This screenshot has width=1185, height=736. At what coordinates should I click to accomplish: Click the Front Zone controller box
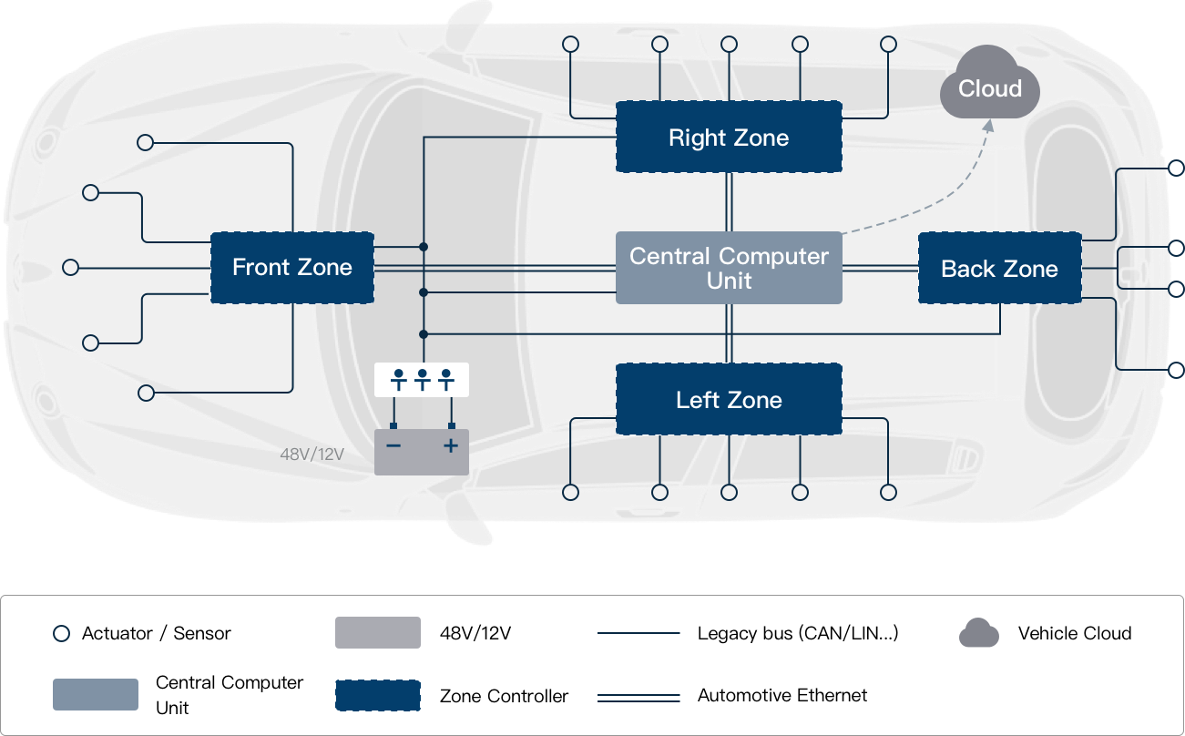tap(291, 268)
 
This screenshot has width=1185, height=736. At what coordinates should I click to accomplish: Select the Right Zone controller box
tap(729, 138)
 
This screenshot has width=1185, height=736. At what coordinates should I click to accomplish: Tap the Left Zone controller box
tap(729, 400)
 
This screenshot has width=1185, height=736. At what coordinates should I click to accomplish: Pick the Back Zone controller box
tap(999, 269)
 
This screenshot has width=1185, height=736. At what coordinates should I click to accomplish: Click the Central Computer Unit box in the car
tap(729, 268)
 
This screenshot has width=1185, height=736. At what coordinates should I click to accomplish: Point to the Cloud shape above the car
tap(990, 87)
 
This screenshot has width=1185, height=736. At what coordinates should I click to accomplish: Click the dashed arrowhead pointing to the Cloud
tap(988, 127)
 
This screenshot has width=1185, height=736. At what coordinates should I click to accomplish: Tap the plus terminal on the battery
tap(450, 445)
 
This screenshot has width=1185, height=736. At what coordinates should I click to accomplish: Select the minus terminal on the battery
tap(393, 445)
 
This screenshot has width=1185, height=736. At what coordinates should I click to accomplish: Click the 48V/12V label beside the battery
tap(312, 453)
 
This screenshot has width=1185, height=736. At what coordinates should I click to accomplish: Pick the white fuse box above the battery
tap(422, 379)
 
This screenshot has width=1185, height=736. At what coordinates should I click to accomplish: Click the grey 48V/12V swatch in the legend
tap(378, 633)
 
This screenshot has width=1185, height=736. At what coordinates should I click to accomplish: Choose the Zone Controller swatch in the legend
tap(378, 696)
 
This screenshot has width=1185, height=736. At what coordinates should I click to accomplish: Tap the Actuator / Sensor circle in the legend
tap(61, 634)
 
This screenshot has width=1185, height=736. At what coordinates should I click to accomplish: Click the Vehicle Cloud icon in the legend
tap(979, 633)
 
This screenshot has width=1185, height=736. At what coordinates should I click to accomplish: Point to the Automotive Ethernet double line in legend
tap(638, 697)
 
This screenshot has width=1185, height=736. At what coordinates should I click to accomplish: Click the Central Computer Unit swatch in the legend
tap(96, 695)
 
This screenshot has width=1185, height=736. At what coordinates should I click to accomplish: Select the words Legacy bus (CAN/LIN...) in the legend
tap(798, 634)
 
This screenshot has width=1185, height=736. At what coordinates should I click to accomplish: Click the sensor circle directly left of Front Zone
tap(70, 268)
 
